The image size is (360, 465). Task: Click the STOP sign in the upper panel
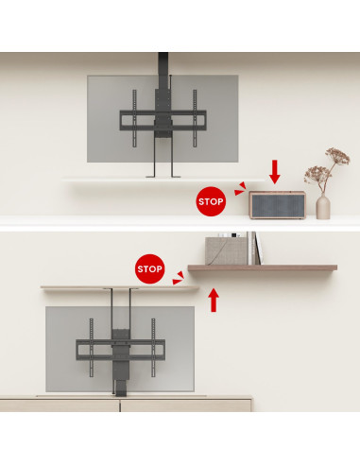(211, 201)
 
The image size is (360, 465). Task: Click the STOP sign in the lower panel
(149, 268)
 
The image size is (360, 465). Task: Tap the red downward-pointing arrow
(275, 172)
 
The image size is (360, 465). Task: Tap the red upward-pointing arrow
(214, 301)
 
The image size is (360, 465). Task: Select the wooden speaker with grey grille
(277, 205)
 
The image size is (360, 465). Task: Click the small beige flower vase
(323, 206)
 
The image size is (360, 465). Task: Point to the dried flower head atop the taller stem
(338, 156)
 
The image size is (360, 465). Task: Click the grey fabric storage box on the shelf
(226, 250)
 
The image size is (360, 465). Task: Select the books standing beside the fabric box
(254, 249)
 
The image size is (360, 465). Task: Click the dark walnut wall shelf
(263, 267)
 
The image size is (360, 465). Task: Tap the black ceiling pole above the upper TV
(163, 64)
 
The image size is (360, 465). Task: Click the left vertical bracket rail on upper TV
(134, 118)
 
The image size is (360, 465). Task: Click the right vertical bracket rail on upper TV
(195, 118)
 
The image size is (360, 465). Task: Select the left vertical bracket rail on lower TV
(92, 347)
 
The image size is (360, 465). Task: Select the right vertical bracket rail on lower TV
(153, 347)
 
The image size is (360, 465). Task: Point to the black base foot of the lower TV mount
(121, 388)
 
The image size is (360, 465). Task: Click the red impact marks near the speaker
(240, 189)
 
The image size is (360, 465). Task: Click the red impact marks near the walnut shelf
(179, 278)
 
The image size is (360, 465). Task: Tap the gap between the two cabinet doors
(120, 405)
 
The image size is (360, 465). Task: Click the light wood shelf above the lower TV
(120, 288)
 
